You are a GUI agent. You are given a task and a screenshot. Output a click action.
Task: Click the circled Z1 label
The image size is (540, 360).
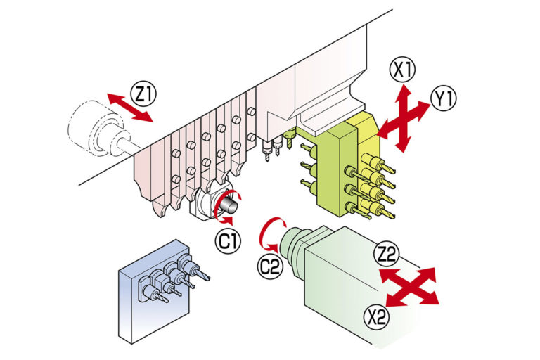click(x=143, y=94)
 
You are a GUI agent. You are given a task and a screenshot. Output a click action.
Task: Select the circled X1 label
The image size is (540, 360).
click(x=403, y=70)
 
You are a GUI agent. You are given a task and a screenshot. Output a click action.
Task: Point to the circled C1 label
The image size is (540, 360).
click(x=229, y=241)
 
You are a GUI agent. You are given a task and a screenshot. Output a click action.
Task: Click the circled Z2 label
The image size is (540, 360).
click(x=386, y=254)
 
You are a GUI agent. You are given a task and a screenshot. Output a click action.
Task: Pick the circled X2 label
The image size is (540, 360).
click(x=377, y=317)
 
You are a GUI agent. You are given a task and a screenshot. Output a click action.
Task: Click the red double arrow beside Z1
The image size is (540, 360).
click(x=129, y=108)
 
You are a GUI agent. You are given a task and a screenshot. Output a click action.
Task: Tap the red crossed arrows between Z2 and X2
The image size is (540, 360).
click(x=409, y=287)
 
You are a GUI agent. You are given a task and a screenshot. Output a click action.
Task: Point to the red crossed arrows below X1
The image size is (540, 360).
click(x=404, y=118)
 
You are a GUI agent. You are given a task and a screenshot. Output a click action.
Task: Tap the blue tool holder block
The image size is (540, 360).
click(x=153, y=292)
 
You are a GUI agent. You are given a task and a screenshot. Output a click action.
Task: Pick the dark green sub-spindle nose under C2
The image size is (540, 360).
click(x=292, y=243)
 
